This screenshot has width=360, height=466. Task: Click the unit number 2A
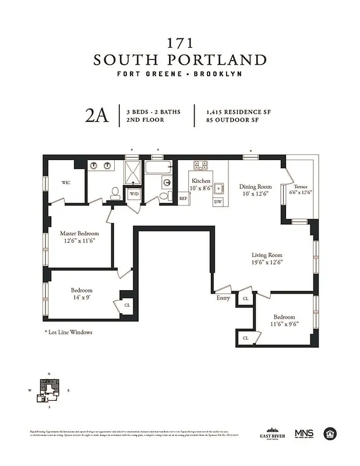(x=97, y=115)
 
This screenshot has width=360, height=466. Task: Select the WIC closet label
(x=66, y=182)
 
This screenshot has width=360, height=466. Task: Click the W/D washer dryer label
(x=133, y=193)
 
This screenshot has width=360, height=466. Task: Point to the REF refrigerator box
(x=183, y=199)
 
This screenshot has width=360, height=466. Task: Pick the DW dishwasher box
(x=218, y=202)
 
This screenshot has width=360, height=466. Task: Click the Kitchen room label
(x=201, y=181)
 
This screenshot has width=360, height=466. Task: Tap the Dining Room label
(x=256, y=187)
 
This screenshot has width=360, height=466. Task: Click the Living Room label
(x=267, y=255)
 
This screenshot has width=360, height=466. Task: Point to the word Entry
(x=223, y=298)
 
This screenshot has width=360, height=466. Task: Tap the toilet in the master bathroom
(x=115, y=192)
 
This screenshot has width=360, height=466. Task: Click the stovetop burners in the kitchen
(x=201, y=165)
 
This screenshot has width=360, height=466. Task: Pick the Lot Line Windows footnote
(x=69, y=332)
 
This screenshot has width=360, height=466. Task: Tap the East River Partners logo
(x=273, y=434)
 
